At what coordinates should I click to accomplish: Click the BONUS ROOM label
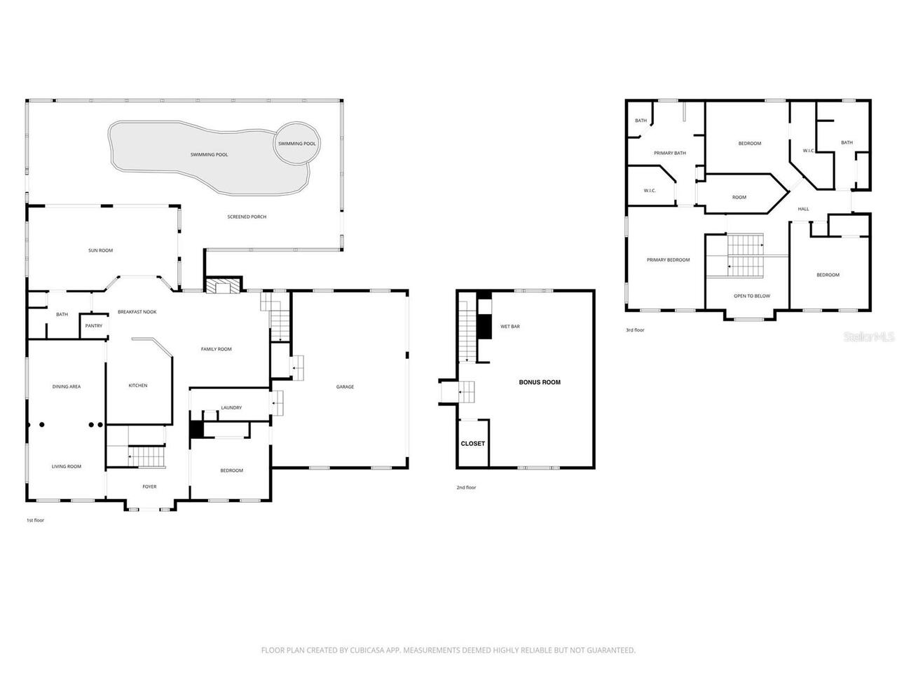pos(540,382)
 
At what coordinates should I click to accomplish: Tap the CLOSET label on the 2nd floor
pos(472,443)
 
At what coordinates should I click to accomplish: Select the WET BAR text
pos(509,327)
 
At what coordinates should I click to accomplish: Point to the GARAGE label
pos(345,386)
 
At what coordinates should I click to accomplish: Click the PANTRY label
pos(93,326)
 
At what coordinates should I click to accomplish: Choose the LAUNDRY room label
pos(231,407)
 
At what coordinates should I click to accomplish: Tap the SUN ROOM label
pos(100,250)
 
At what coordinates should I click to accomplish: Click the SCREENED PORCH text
pos(247,217)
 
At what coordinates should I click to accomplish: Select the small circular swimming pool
pos(296,144)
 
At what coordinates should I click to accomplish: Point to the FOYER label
pos(149,487)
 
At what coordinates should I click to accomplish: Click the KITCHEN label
pos(138,386)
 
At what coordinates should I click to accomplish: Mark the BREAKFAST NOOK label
pos(137,311)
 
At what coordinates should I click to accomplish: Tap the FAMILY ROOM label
pos(216,349)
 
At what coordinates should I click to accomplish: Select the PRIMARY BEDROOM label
pos(668,260)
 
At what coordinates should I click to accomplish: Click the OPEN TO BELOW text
pos(751,296)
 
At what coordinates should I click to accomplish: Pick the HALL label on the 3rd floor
pos(803,209)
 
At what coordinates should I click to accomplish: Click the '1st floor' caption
pos(35,520)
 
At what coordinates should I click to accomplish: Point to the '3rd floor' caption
pos(635,330)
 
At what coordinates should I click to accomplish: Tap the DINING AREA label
pos(67,386)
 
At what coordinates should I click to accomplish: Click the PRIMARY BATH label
pos(669,153)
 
